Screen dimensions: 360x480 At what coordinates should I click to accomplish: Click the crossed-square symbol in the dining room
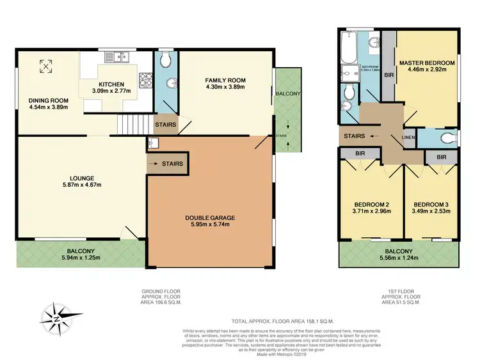click(x=46, y=65)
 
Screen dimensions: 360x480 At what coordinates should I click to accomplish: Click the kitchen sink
click(x=118, y=58)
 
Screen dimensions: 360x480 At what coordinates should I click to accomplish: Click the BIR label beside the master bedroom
click(x=388, y=74)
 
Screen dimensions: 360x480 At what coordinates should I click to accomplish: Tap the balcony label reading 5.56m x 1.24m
click(x=399, y=255)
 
